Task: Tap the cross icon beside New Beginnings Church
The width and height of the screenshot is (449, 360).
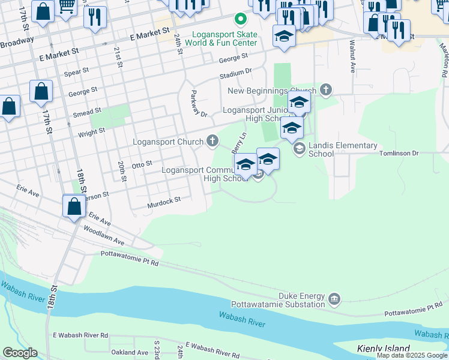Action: pos(326,90)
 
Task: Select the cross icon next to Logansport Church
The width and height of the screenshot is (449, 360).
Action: pos(212,141)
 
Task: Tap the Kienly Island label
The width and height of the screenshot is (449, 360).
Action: pos(383,349)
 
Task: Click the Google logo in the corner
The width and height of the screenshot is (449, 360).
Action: pos(19,353)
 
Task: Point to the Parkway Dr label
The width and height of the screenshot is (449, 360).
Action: pos(197,104)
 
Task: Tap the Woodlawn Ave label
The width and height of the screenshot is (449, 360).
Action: pos(104,235)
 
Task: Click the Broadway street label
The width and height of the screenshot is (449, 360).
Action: pos(16,44)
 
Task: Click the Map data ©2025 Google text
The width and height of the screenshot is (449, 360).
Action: pos(412,355)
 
